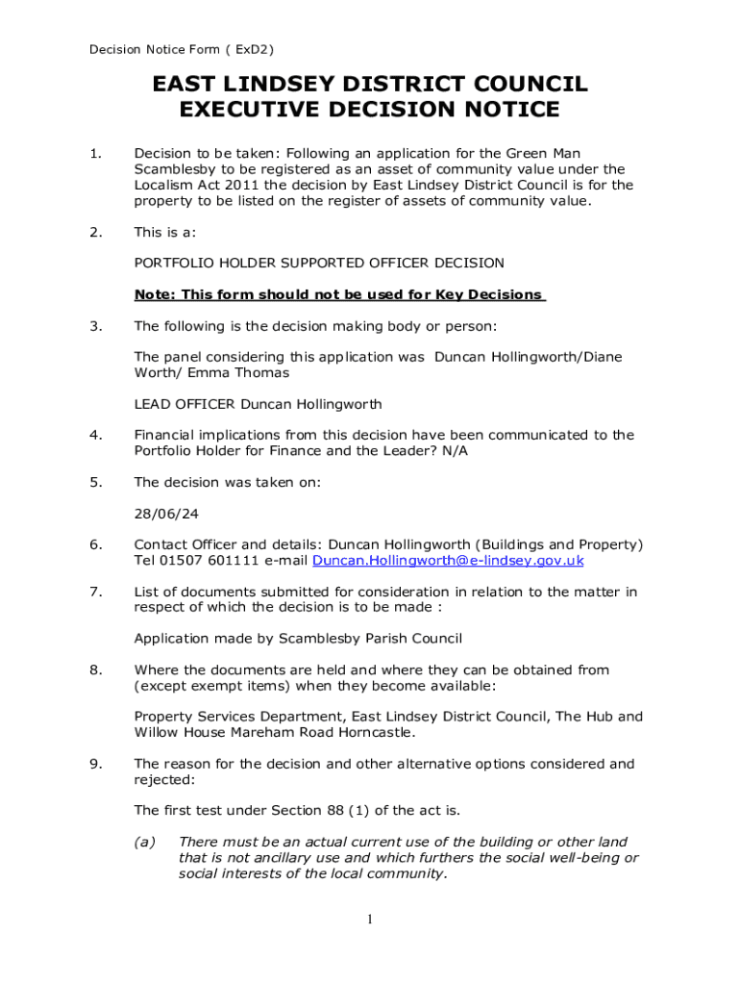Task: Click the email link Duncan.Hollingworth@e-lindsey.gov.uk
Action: [x=449, y=560]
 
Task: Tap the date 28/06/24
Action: [x=160, y=514]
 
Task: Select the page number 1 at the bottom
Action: [x=369, y=921]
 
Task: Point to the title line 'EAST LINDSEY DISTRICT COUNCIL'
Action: [x=370, y=85]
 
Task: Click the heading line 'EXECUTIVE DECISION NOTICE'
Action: [x=370, y=110]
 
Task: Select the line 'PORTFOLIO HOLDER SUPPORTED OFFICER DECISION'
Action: [x=318, y=263]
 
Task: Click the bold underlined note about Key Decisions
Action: [x=339, y=294]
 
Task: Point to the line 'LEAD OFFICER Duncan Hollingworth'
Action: [x=258, y=403]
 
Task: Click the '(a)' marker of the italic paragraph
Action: [x=144, y=842]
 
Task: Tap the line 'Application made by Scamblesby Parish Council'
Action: [x=298, y=638]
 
